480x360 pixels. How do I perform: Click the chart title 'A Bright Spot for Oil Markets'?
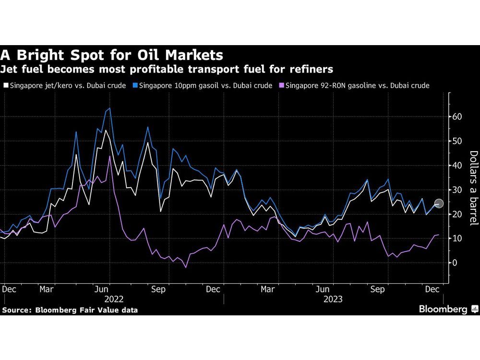[112, 54]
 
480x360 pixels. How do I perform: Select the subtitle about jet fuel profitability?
[167, 70]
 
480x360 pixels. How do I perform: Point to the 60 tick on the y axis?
[457, 117]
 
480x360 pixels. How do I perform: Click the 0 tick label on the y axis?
[454, 263]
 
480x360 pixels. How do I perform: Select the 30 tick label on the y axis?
[457, 190]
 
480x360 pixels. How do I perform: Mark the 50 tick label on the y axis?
[457, 141]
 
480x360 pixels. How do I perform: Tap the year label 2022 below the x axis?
[114, 299]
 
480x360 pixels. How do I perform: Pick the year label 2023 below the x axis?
[333, 299]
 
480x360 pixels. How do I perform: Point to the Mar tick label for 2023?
[267, 289]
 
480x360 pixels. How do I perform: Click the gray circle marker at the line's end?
[439, 203]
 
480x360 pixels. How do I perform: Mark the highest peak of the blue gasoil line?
[109, 108]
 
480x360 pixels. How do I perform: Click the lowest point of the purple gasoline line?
[186, 267]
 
